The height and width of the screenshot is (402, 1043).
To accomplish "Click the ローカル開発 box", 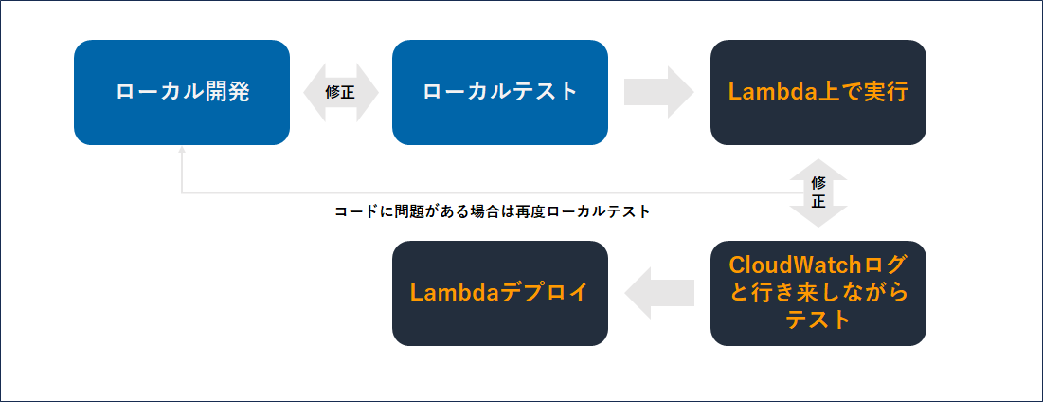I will tap(182, 92).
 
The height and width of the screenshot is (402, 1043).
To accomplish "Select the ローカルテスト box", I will tap(499, 92).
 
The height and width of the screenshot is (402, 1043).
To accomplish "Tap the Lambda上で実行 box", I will tap(818, 92).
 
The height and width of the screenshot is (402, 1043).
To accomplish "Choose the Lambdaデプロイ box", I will tap(499, 292).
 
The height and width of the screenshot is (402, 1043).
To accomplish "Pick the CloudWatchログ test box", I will tap(818, 292).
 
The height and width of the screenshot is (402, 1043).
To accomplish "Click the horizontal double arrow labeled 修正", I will tap(340, 92).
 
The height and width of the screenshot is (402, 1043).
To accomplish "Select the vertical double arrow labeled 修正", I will tap(818, 192).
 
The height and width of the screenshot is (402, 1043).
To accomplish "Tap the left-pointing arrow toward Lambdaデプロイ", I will tap(658, 292).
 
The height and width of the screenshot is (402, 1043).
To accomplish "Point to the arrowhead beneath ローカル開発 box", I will tap(182, 151).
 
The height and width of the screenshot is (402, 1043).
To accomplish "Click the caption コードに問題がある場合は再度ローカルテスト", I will tap(493, 211).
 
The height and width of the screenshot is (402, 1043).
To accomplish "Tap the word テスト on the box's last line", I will tap(818, 320).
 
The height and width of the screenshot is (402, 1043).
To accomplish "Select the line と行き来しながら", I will tap(818, 292).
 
